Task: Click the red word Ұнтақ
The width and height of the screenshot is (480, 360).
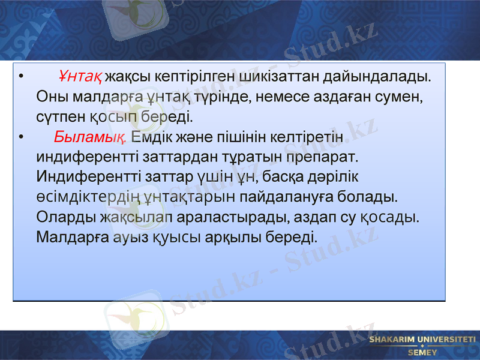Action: pos(81,77)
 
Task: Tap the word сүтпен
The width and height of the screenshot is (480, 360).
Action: pos(60,116)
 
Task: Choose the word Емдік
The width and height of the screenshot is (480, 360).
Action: pos(151,136)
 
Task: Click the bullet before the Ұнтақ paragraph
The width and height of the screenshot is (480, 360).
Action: pos(21,77)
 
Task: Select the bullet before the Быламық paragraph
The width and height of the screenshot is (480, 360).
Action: pos(21,136)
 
